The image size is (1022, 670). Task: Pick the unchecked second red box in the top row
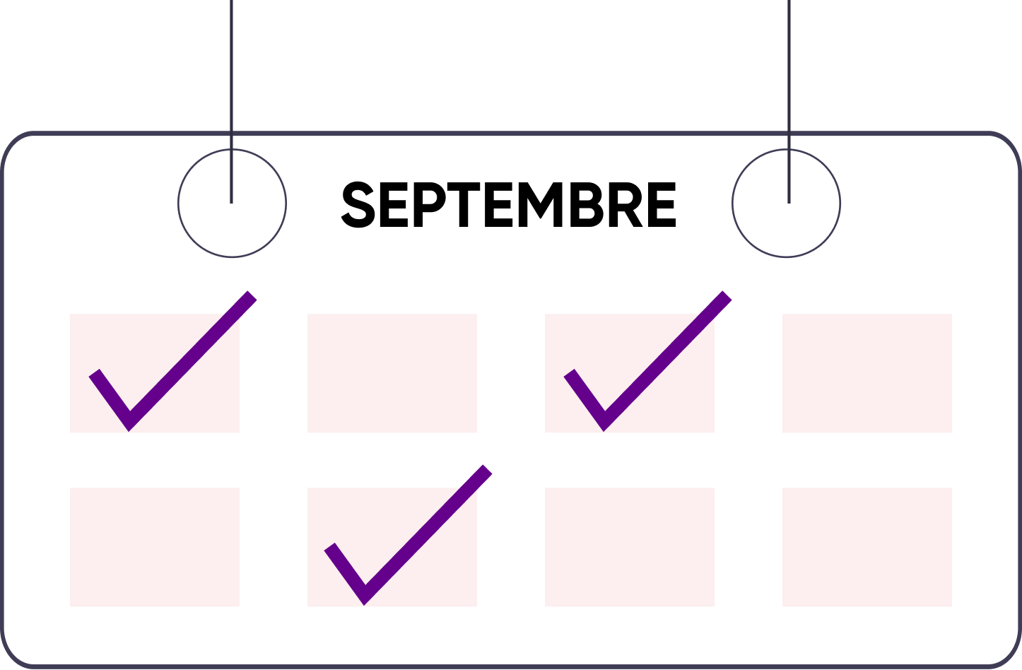point(392,373)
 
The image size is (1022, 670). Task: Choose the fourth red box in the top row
point(867,373)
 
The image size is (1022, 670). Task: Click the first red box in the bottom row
point(155,547)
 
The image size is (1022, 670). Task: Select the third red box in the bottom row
point(630,547)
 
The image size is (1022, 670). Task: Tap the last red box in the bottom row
point(867,547)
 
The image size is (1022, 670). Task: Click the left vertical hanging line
point(232,71)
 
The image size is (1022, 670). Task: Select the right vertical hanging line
point(789,71)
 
